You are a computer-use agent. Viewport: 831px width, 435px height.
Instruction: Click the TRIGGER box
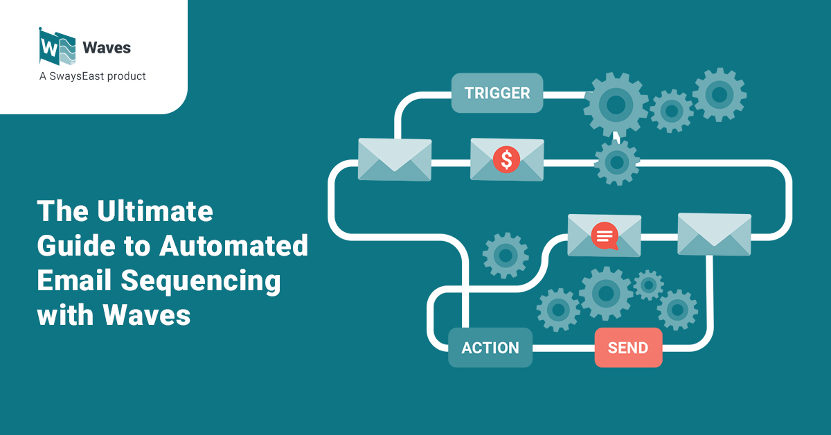497,93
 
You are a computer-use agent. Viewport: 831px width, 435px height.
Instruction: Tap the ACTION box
490,348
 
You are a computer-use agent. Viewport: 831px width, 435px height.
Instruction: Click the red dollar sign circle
506,159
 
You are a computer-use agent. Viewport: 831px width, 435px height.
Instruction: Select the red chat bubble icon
605,236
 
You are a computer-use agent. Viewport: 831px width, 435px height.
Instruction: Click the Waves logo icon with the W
57,47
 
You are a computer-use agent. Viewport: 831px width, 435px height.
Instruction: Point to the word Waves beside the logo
107,48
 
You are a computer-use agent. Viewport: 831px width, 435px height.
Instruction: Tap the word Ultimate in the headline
155,211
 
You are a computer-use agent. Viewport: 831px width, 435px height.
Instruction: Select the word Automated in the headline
234,245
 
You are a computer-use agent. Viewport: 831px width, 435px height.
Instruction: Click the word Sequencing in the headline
201,281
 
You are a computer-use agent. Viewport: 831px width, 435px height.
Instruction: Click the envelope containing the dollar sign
507,159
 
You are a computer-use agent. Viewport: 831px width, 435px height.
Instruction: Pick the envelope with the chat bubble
605,236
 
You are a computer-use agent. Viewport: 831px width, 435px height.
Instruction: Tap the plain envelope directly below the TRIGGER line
395,159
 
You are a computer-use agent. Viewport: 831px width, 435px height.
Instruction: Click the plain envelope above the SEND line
715,234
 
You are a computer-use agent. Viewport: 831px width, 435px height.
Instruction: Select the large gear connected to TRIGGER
616,105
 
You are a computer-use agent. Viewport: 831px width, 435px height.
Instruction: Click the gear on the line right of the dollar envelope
617,162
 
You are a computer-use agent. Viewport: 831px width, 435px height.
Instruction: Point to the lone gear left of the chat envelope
506,256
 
